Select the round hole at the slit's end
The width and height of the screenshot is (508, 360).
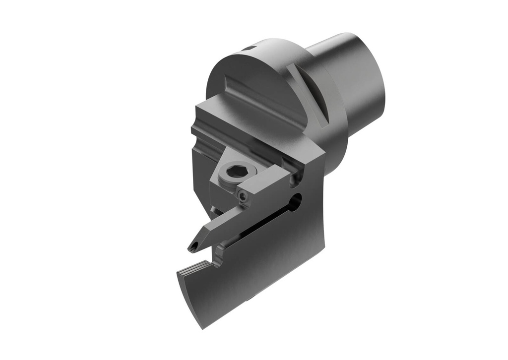point(296,200)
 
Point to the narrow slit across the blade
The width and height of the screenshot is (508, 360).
point(263,226)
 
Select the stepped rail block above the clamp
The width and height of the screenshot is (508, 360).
point(233,124)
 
